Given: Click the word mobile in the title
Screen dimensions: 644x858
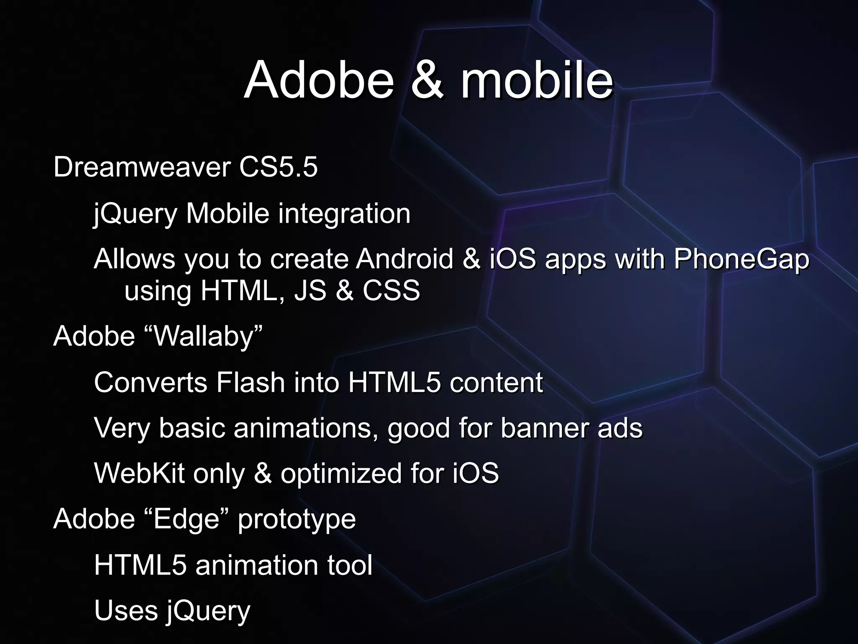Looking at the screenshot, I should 537,80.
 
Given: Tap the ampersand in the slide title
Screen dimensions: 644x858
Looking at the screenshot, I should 426,80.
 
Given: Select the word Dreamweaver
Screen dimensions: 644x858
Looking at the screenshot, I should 142,167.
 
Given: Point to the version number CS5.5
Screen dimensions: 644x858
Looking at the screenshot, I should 278,167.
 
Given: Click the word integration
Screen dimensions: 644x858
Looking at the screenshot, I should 344,214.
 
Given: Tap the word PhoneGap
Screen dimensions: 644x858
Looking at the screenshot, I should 741,260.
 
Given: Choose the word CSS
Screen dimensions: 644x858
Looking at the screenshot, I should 391,291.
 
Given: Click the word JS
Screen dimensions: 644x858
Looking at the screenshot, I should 310,291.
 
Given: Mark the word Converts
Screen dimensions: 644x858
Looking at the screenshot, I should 151,382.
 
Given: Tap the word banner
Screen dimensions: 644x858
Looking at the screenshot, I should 544,428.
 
